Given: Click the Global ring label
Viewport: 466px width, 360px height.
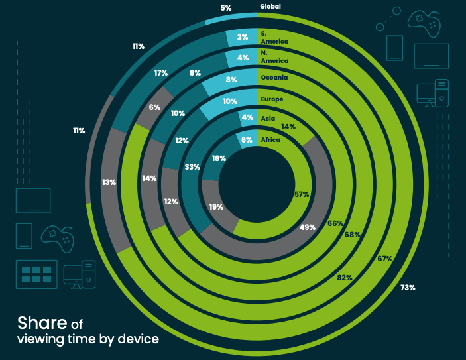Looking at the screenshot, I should [x=270, y=7].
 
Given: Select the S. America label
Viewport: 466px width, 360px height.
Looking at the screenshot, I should [x=274, y=37].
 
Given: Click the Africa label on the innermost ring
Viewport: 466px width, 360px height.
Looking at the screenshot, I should [x=270, y=140].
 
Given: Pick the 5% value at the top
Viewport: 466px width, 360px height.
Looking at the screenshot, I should [x=226, y=9].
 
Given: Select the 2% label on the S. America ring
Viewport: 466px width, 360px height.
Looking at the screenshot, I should [x=243, y=38].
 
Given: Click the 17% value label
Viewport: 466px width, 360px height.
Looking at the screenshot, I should [x=160, y=74].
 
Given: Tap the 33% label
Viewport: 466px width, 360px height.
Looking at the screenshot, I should [x=192, y=167].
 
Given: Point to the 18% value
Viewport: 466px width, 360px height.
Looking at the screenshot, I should [x=219, y=158].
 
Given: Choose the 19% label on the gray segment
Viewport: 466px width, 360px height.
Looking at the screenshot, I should [x=215, y=208].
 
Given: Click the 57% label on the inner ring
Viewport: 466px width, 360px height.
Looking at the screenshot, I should [x=302, y=194].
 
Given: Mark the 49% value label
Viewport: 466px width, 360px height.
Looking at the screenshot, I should [x=307, y=227].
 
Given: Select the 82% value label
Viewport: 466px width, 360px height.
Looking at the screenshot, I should [x=344, y=278].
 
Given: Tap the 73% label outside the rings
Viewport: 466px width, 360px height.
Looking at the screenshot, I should [x=408, y=288].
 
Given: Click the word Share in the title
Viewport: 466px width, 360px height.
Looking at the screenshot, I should [x=42, y=323].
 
